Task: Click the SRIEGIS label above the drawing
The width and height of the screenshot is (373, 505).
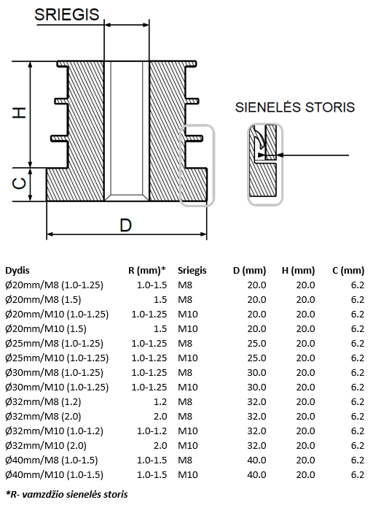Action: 66,15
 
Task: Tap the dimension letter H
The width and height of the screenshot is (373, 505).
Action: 19,112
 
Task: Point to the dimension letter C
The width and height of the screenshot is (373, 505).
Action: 19,184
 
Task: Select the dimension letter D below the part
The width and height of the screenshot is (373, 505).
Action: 126,225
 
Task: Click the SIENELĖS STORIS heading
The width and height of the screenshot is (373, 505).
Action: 295,107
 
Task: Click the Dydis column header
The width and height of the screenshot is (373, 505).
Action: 17,270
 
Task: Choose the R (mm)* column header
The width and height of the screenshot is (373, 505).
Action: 147,270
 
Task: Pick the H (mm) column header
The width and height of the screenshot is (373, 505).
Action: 299,270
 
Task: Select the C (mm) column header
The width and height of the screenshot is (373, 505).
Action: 348,270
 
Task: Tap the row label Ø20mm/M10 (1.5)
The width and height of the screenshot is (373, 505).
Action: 46,329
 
